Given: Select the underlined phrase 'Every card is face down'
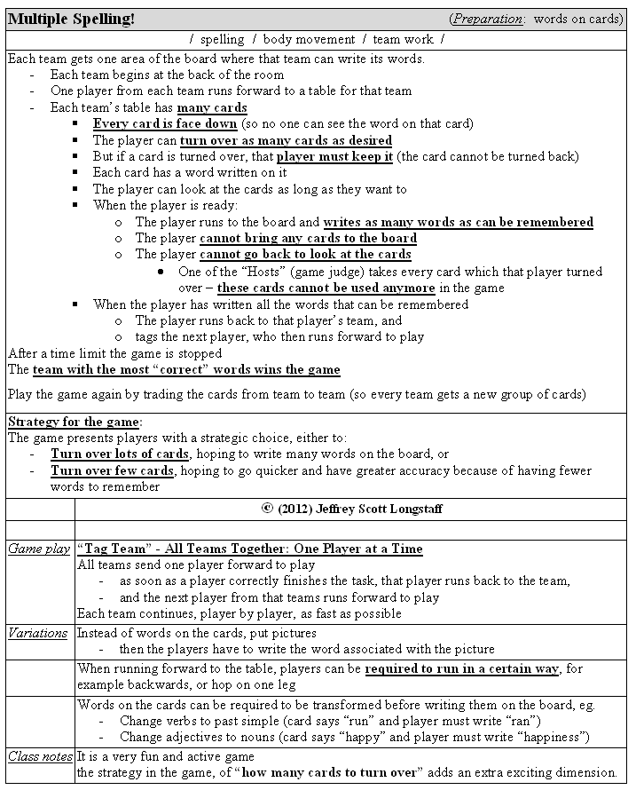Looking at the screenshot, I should coord(165,123).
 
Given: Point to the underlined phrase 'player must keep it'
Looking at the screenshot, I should coord(334,156).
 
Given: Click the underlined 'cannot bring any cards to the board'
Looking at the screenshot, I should coord(308,238).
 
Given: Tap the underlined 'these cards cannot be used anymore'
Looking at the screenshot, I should coord(326,288).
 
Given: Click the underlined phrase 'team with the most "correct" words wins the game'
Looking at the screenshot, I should coord(186,369).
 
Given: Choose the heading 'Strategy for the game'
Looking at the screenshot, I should coord(74,422).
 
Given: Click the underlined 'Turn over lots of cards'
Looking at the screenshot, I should coord(120,454).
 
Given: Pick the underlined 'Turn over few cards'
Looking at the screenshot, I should coord(112,470).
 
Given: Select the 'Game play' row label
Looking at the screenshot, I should coord(39,549).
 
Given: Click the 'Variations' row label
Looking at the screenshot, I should coord(38,633).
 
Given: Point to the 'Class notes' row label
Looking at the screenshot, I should coord(40,756).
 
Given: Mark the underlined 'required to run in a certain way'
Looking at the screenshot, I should coord(461,668).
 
